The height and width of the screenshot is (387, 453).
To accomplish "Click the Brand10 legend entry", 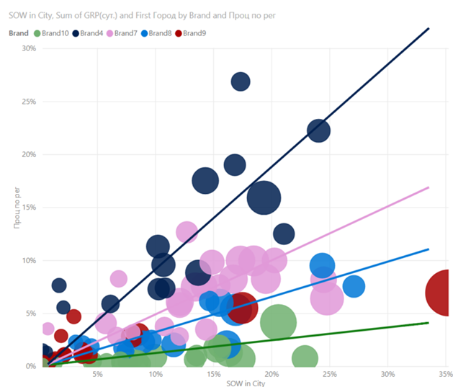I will coord(55,33).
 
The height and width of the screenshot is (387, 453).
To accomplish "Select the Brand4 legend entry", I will coord(89,33).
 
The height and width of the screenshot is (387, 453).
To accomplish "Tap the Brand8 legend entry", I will coord(160,33).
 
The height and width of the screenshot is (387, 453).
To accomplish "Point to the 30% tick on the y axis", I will coord(29,48).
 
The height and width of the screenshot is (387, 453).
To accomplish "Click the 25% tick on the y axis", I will coord(29,102).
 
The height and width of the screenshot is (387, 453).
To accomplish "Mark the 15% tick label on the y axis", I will coord(29,208).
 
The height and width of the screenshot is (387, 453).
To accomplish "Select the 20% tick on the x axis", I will coord(272,375).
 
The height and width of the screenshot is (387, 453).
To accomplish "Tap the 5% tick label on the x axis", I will coord(97,375).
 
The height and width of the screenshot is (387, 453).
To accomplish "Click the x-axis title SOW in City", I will coord(244,383).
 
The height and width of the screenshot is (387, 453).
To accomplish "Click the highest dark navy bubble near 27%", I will coord(241,81).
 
